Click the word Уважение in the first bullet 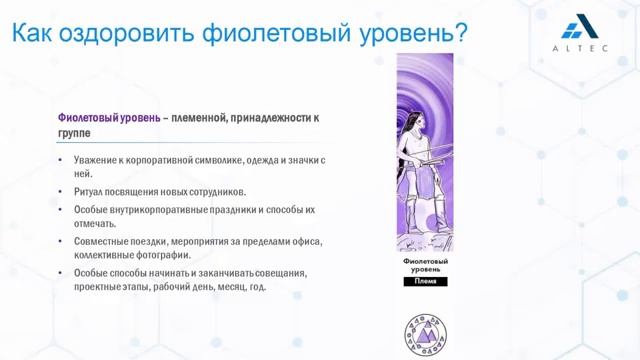95,160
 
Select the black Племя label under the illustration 425,282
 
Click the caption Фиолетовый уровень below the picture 425,266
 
